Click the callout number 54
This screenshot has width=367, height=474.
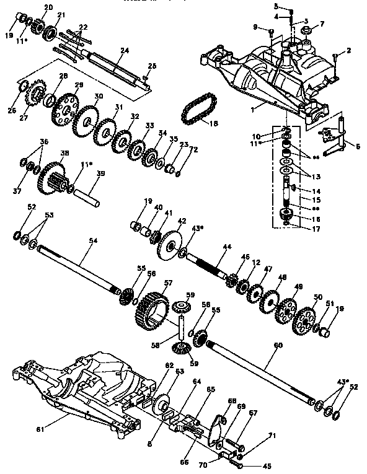tap(91, 240)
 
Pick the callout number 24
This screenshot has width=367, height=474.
tap(124, 50)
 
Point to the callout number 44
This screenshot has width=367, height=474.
tap(227, 247)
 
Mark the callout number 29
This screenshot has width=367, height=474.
tap(79, 84)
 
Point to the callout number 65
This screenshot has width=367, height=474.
tap(211, 390)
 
